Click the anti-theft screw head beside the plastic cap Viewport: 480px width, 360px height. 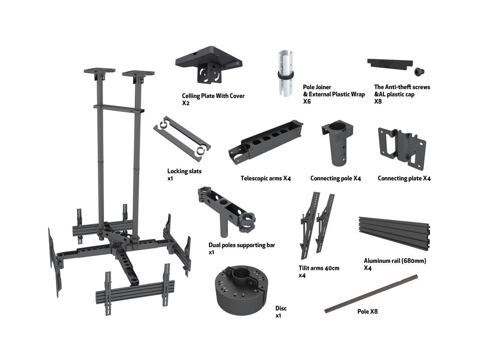click(419, 72)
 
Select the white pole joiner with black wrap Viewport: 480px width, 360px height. click(286, 74)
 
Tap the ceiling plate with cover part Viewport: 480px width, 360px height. click(209, 64)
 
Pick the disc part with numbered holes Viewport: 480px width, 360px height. click(242, 290)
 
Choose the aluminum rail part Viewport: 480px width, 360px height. click(394, 235)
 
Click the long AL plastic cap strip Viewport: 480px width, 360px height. click(390, 64)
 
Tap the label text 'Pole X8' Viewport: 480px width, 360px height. click(367, 312)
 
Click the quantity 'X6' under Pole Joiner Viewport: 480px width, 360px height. click(307, 102)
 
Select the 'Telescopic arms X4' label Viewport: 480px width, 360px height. click(266, 178)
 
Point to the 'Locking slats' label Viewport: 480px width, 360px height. click(184, 171)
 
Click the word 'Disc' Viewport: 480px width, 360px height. click(281, 308)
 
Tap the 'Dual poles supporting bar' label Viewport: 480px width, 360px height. click(242, 245)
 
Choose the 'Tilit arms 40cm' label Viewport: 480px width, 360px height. click(319, 268)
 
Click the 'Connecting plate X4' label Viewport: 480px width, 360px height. click(404, 178)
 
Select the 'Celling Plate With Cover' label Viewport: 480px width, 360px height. click(213, 96)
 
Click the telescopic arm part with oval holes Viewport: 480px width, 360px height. click(266, 142)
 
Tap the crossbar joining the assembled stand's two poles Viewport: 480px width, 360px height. click(119, 109)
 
